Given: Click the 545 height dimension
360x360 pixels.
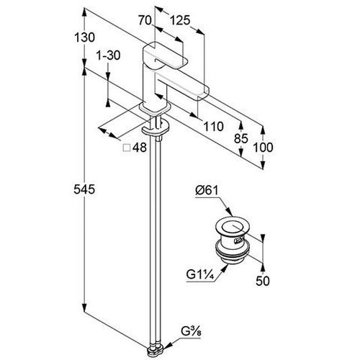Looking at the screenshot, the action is pyautogui.click(x=84, y=189).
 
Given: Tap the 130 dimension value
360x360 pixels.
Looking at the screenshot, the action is pyautogui.click(x=84, y=37).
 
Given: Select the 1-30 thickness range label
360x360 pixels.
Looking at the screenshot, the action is pyautogui.click(x=108, y=55).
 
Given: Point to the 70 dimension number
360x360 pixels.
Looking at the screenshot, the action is pyautogui.click(x=145, y=20).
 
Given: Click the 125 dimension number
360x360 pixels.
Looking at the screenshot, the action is pyautogui.click(x=180, y=20).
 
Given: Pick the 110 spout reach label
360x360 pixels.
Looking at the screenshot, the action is pyautogui.click(x=213, y=126).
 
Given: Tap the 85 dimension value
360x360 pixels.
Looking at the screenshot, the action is pyautogui.click(x=241, y=138).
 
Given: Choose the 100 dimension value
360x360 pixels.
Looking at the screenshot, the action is pyautogui.click(x=263, y=147).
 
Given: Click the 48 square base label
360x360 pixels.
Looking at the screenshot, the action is pyautogui.click(x=140, y=148).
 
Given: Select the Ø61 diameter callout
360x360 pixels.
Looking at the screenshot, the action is pyautogui.click(x=207, y=191).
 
